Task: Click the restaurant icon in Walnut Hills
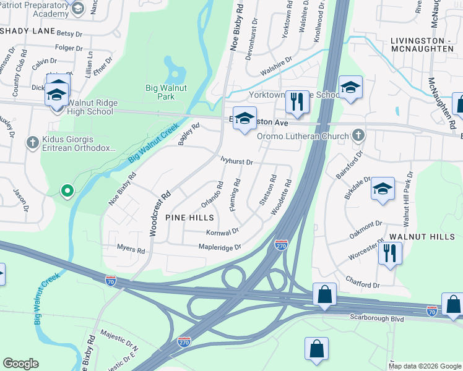389,254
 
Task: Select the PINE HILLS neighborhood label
190,218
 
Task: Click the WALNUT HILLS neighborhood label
422,237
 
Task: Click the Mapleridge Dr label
219,247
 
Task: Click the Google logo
20,364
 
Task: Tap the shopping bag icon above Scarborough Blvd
324,296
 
